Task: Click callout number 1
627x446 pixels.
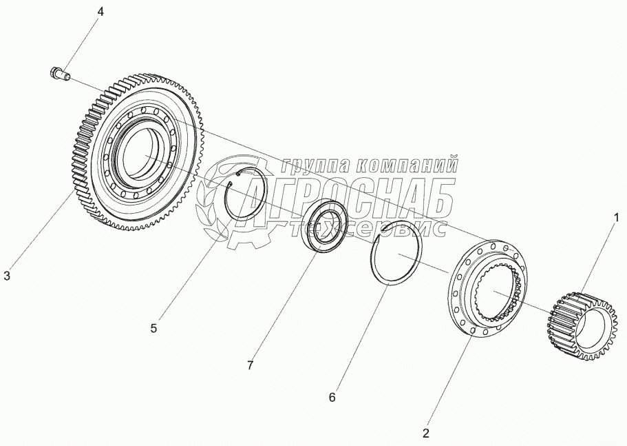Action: click(x=616, y=218)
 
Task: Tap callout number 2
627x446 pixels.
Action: click(x=426, y=434)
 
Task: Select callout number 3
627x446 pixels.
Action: click(x=7, y=276)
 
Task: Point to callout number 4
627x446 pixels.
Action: click(x=101, y=12)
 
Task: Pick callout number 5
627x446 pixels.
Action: click(x=153, y=328)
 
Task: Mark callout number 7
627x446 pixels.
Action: click(x=250, y=365)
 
